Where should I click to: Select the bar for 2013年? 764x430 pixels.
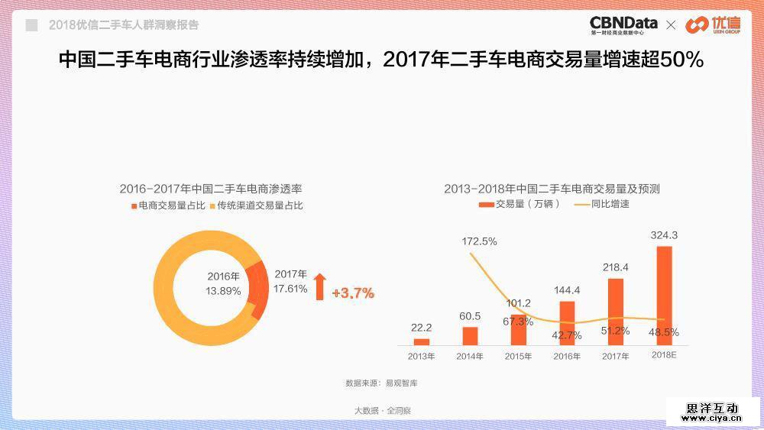click(x=422, y=341)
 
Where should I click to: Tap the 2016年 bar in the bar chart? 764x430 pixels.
click(x=567, y=322)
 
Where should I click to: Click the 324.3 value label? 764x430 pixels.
click(x=664, y=235)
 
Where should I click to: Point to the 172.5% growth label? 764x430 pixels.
click(x=480, y=241)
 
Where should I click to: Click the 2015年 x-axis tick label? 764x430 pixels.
click(x=519, y=357)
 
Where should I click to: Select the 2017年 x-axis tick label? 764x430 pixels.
click(x=615, y=357)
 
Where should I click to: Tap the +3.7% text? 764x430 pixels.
click(x=353, y=293)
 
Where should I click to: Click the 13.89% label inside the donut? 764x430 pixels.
click(x=223, y=291)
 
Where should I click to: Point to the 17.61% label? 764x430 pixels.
click(x=290, y=289)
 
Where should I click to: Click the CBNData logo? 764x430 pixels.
click(x=623, y=25)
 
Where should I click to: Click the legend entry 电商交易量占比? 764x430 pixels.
click(x=167, y=205)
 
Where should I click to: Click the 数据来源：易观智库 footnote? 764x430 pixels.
click(x=381, y=382)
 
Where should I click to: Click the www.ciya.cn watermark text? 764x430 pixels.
click(x=712, y=418)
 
